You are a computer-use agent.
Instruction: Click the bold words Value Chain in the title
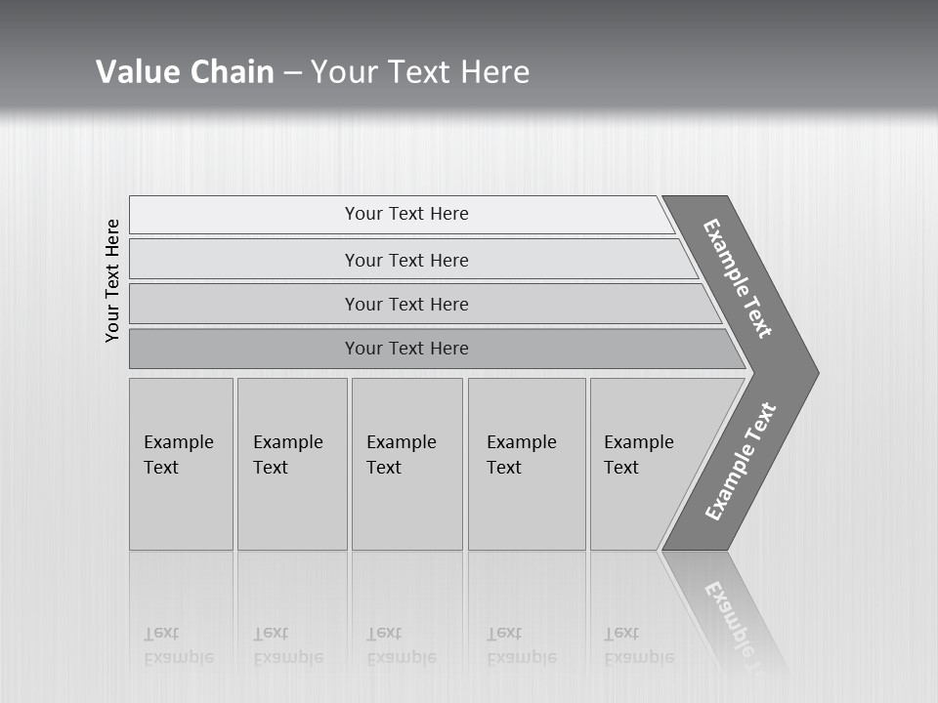pyautogui.click(x=185, y=72)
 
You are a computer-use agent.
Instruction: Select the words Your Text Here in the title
pyautogui.click(x=420, y=72)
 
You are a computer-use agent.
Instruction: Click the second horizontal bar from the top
pyautogui.click(x=405, y=260)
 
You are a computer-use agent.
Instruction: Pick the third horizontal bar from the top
pyautogui.click(x=405, y=304)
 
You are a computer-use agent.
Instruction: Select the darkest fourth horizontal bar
pyautogui.click(x=405, y=349)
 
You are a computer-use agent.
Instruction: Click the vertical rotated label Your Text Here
pyautogui.click(x=112, y=280)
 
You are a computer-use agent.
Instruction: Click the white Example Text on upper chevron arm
pyautogui.click(x=738, y=278)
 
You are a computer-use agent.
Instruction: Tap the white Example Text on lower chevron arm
pyautogui.click(x=741, y=462)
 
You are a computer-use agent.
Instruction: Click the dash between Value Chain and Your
pyautogui.click(x=292, y=73)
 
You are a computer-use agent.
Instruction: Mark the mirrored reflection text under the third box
pyautogui.click(x=402, y=645)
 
